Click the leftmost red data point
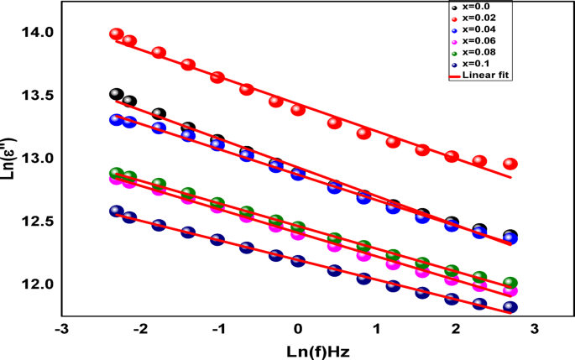click(117, 34)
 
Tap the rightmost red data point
click(510, 164)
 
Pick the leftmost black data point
click(117, 95)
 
